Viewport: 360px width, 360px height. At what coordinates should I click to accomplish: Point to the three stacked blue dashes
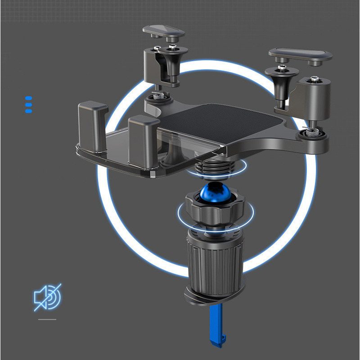(28, 104)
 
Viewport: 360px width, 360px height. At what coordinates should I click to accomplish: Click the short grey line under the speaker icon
(47, 319)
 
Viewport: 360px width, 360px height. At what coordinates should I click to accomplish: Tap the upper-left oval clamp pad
(164, 31)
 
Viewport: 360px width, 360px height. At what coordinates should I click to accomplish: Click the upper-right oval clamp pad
(301, 55)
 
